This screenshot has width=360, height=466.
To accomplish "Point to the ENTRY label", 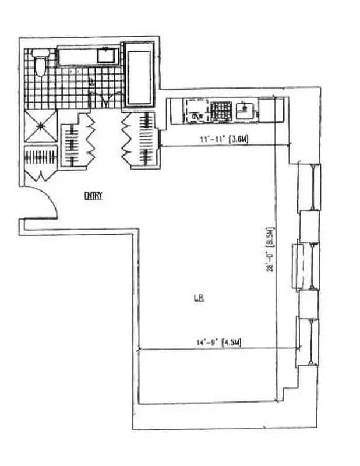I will tap(93, 196).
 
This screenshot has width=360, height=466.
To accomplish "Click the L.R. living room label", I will tap(198, 301).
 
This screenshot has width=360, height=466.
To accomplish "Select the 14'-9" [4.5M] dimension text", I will tap(221, 343).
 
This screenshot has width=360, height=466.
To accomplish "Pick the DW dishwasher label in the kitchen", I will tap(197, 116).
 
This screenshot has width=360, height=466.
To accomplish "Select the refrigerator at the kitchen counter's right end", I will tap(269, 111).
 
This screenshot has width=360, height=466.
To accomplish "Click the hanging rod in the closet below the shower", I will tap(40, 157).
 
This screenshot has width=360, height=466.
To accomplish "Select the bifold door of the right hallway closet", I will tap(128, 137).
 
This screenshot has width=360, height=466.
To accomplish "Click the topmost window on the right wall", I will tap(308, 186).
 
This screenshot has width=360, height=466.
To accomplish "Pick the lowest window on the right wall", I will tap(308, 341).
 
